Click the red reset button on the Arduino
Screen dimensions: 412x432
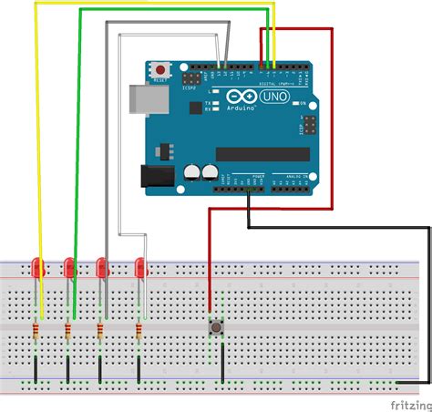[161, 68]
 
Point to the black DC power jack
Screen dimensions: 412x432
[156, 179]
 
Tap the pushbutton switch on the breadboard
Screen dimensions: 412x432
[219, 325]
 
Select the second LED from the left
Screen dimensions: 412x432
[69, 268]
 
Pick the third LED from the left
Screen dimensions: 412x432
[101, 268]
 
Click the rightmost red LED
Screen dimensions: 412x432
[140, 268]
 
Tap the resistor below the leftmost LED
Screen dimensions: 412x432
[36, 330]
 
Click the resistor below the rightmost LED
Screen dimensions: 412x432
[139, 330]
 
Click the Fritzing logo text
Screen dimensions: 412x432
[410, 403]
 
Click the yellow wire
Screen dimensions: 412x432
[36, 137]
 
